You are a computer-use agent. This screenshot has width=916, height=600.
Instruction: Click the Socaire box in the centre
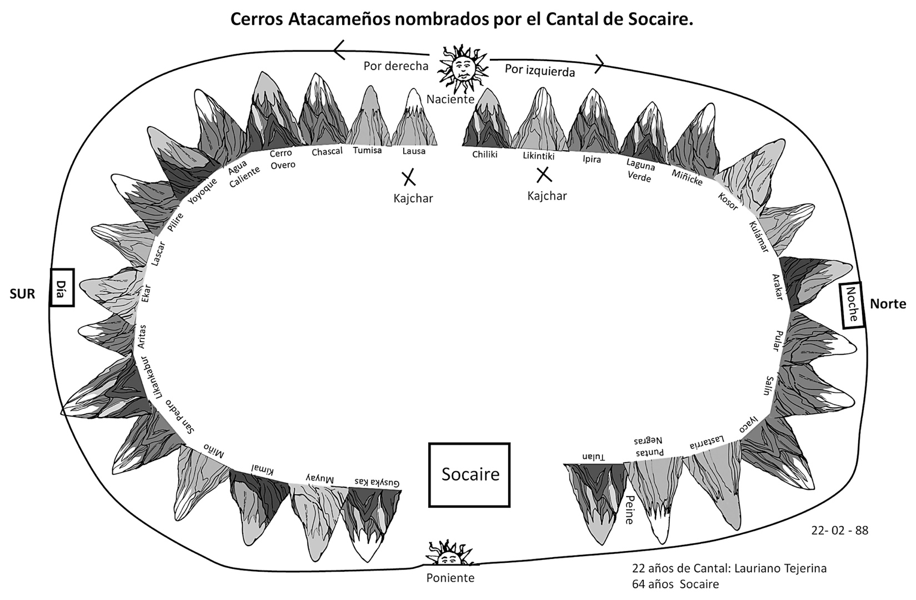pyautogui.click(x=469, y=474)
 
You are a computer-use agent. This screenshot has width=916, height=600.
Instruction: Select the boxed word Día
pyautogui.click(x=62, y=287)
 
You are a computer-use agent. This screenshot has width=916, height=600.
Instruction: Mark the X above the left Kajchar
pyautogui.click(x=409, y=178)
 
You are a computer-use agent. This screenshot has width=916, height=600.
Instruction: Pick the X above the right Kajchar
pyautogui.click(x=543, y=175)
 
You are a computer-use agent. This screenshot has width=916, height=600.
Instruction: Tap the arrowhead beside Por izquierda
pyautogui.click(x=599, y=63)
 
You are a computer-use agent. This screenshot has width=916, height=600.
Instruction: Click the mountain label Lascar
pyautogui.click(x=158, y=254)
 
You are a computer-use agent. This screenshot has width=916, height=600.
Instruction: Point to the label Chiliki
pyautogui.click(x=484, y=155)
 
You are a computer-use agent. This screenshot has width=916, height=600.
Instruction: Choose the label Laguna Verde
pyautogui.click(x=639, y=171)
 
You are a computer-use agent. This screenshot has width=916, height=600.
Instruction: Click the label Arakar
pyautogui.click(x=778, y=287)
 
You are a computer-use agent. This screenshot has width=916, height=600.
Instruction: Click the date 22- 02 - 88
pyautogui.click(x=839, y=530)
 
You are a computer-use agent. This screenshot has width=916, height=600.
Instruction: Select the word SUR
pyautogui.click(x=23, y=294)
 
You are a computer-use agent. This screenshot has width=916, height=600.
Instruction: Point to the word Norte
pyautogui.click(x=887, y=304)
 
